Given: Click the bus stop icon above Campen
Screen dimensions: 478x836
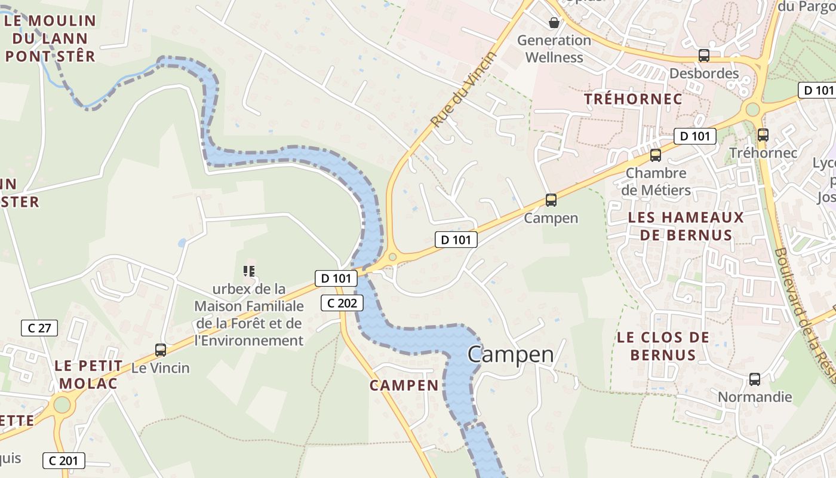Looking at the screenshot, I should pos(551,200).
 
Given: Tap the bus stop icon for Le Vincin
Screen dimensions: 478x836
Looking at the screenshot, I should pos(161,350).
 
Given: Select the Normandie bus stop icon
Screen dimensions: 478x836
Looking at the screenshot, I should pos(755,379).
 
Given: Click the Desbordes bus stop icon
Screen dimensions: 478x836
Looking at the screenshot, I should pos(704,56).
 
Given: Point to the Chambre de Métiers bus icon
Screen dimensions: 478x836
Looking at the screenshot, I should pos(656,155).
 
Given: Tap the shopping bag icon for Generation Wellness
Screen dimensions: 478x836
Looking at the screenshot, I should pos(554,23).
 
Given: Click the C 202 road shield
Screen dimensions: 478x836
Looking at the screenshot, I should pos(342,303).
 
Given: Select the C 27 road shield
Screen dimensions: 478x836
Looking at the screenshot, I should pos(39,327).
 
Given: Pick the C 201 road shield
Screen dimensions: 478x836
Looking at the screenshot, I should pos(63,461).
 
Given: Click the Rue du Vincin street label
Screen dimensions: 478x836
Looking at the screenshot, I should pos(464,90).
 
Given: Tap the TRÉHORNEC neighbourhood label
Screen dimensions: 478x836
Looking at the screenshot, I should pos(633,99).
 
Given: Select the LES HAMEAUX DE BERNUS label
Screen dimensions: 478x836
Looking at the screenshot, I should pos(686,226).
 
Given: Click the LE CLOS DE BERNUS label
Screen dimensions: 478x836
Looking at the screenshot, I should pos(663,346).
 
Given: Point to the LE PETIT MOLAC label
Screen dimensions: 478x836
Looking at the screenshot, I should pos(88,374).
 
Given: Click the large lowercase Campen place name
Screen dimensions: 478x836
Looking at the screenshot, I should pos(511,354).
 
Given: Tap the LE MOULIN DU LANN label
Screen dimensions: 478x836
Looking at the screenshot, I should pos(50,38).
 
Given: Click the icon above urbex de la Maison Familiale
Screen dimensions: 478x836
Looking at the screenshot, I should pos(250,271).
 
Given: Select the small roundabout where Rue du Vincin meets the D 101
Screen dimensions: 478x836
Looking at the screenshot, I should pos(392,258).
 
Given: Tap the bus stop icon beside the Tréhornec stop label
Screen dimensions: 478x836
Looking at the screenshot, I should pos(763,135).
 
